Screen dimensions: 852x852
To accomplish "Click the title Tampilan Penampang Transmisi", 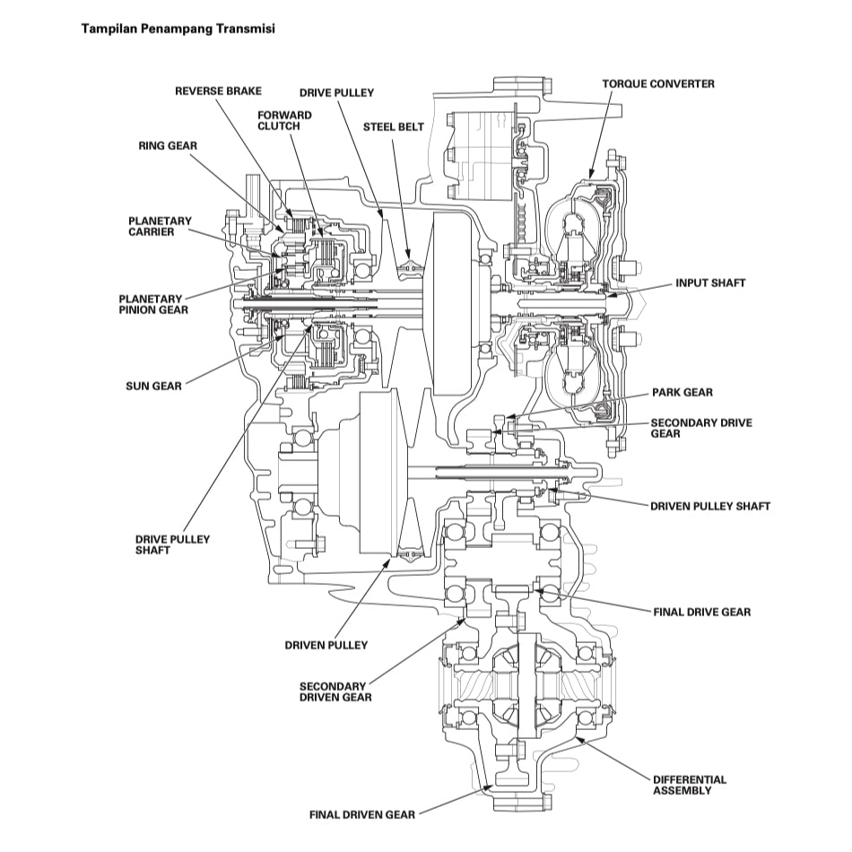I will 178,29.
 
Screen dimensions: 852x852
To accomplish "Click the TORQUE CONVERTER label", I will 658,83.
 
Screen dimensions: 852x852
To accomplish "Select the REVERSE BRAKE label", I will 218,91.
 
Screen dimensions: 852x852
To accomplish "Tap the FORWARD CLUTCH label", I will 284,121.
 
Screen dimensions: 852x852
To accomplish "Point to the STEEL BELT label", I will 393,127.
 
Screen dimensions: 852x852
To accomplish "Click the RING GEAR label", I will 168,144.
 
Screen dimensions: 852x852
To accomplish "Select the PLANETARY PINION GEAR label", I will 152,304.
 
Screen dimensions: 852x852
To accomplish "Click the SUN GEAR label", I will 153,387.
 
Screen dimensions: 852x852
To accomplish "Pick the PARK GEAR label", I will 682,393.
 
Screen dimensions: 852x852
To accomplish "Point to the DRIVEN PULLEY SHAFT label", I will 709,506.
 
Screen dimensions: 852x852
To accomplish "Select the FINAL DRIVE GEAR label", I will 701,612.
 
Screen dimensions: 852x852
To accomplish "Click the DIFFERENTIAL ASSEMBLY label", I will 689,785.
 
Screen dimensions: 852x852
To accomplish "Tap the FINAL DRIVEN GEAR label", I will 361,815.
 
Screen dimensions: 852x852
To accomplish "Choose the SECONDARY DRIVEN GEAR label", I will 335,691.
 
